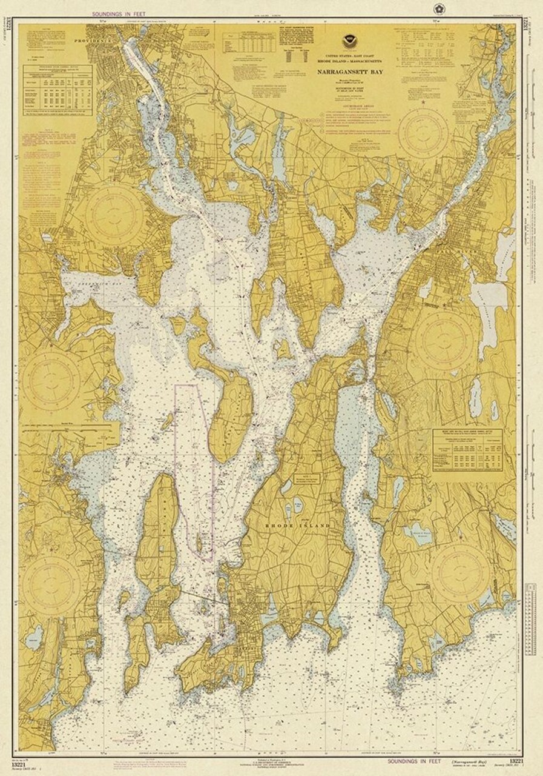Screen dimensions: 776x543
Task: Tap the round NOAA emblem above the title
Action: point(350,43)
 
